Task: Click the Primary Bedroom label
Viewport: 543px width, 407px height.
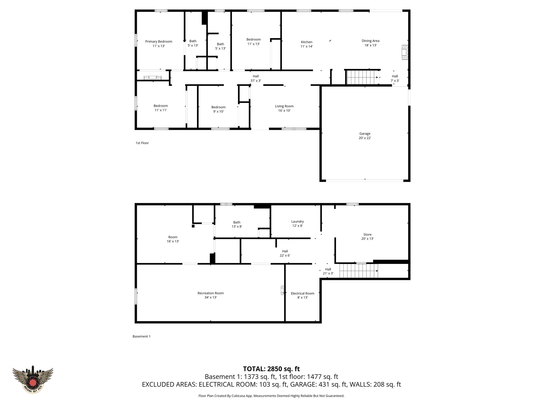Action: (159, 42)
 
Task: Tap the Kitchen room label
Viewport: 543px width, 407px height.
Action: (306, 42)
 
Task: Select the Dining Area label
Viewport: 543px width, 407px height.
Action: (370, 41)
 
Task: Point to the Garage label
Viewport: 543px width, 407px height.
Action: (365, 134)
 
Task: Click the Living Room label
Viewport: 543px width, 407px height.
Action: (284, 106)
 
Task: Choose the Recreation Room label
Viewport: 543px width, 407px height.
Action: (211, 293)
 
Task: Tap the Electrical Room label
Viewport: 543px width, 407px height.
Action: (303, 293)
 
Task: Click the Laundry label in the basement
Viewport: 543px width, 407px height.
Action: (297, 222)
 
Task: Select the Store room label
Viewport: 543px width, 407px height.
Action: (367, 235)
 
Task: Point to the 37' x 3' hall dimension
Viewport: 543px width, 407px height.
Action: (256, 81)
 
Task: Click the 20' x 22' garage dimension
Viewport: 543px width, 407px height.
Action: (365, 138)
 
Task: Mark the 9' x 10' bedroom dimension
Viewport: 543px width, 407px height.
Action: (218, 112)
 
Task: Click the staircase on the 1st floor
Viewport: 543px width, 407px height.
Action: (362, 77)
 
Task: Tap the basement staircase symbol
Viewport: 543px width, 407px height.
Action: (358, 271)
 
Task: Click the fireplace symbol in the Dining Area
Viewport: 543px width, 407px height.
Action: (404, 53)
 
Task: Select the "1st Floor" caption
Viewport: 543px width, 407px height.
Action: (142, 143)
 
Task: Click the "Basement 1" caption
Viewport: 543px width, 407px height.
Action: (141, 337)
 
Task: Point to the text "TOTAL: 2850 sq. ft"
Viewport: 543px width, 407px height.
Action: (271, 369)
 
